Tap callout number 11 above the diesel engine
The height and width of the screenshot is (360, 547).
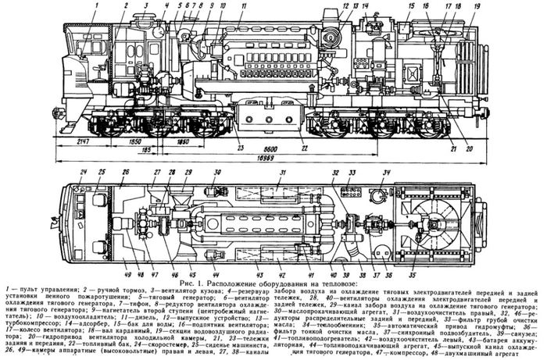pos(243,5)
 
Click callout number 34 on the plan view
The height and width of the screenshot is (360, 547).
pos(386,171)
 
